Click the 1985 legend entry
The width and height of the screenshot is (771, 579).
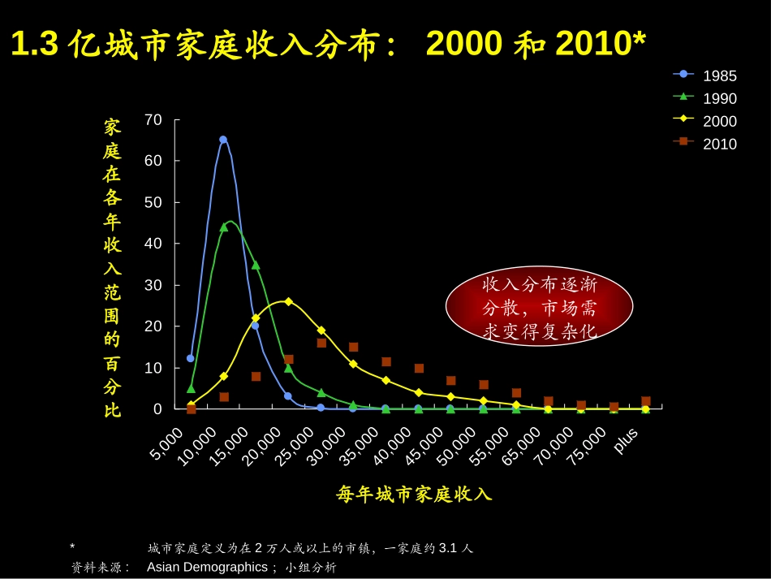pyautogui.click(x=704, y=76)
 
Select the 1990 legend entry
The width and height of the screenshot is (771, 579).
pyautogui.click(x=704, y=99)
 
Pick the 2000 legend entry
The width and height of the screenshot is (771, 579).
pyautogui.click(x=704, y=122)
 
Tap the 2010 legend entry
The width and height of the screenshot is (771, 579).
pyautogui.click(x=704, y=145)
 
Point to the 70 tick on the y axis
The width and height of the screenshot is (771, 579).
pyautogui.click(x=153, y=120)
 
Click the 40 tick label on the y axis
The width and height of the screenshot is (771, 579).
pyautogui.click(x=153, y=244)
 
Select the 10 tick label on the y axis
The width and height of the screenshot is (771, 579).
pyautogui.click(x=153, y=368)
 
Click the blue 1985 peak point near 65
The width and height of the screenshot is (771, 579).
pyautogui.click(x=223, y=140)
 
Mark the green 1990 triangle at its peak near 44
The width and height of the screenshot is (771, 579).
pyautogui.click(x=224, y=227)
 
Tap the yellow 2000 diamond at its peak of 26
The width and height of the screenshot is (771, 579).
pyautogui.click(x=288, y=301)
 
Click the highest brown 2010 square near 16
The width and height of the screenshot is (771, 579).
pyautogui.click(x=321, y=343)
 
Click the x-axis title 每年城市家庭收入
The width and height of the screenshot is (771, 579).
pyautogui.click(x=414, y=494)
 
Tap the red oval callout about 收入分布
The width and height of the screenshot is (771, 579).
pyautogui.click(x=539, y=308)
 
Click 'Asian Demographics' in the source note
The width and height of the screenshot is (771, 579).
pyautogui.click(x=207, y=567)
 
